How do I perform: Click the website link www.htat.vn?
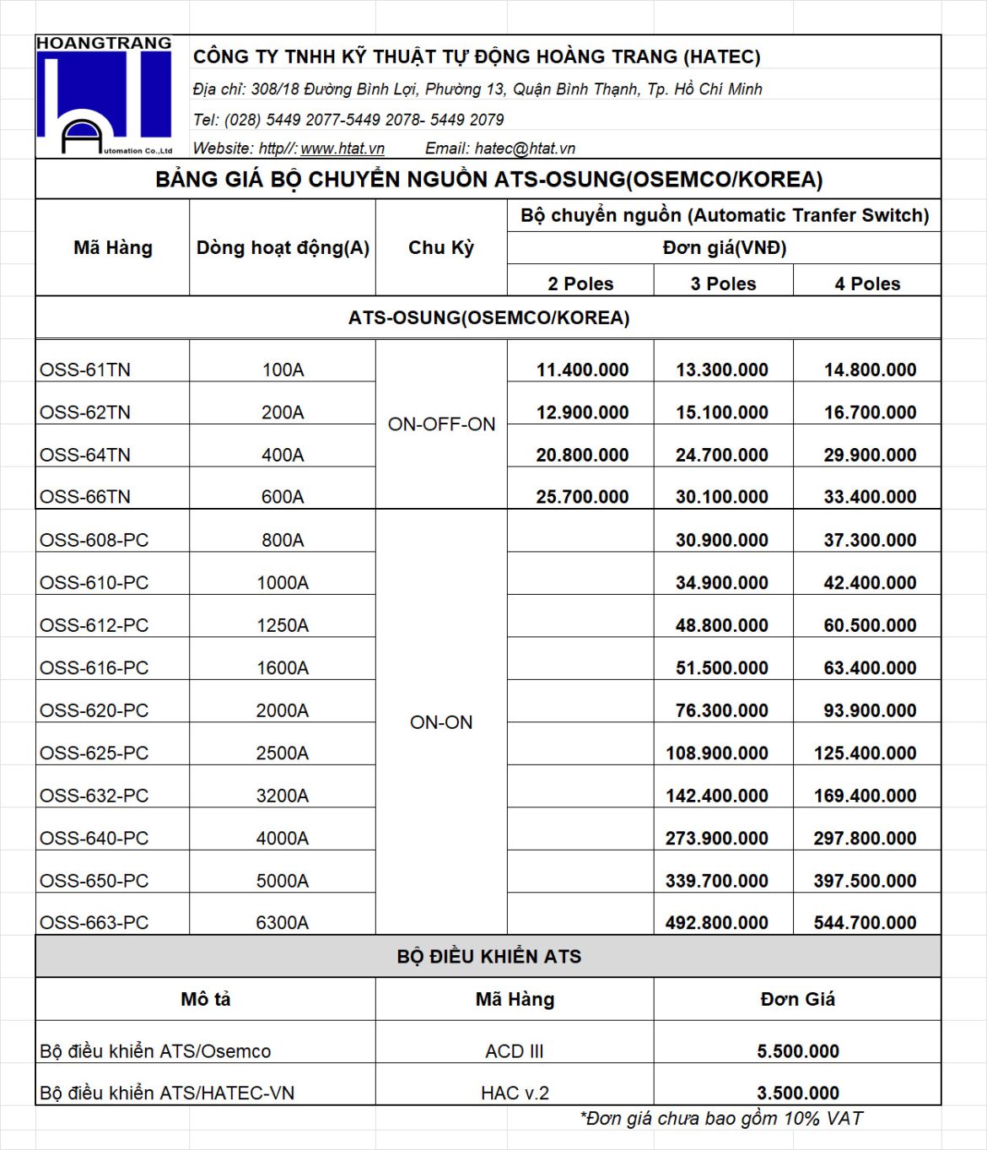tap(342, 148)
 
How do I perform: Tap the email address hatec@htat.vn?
tap(525, 148)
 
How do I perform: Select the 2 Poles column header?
tap(580, 283)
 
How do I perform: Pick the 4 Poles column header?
tap(867, 283)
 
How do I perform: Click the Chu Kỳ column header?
tap(441, 248)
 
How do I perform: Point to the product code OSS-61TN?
tap(85, 370)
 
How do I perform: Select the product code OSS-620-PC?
tap(94, 710)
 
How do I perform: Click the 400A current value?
tap(283, 455)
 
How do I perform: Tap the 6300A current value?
tap(283, 923)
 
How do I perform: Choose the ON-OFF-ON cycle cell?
tap(441, 424)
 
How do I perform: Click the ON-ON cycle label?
tap(441, 722)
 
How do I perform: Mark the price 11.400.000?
tap(582, 370)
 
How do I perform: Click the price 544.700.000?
tap(865, 923)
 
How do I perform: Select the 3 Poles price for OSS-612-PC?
tap(721, 625)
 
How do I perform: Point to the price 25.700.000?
tap(582, 497)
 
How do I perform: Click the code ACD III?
tap(515, 1051)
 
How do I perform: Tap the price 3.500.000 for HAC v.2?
tap(797, 1093)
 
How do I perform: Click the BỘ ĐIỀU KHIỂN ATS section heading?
tap(488, 957)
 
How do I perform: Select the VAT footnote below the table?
tap(721, 1119)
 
